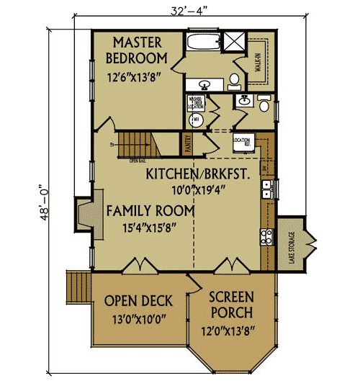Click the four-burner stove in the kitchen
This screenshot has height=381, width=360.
267,236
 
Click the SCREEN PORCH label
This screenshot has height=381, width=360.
231,304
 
